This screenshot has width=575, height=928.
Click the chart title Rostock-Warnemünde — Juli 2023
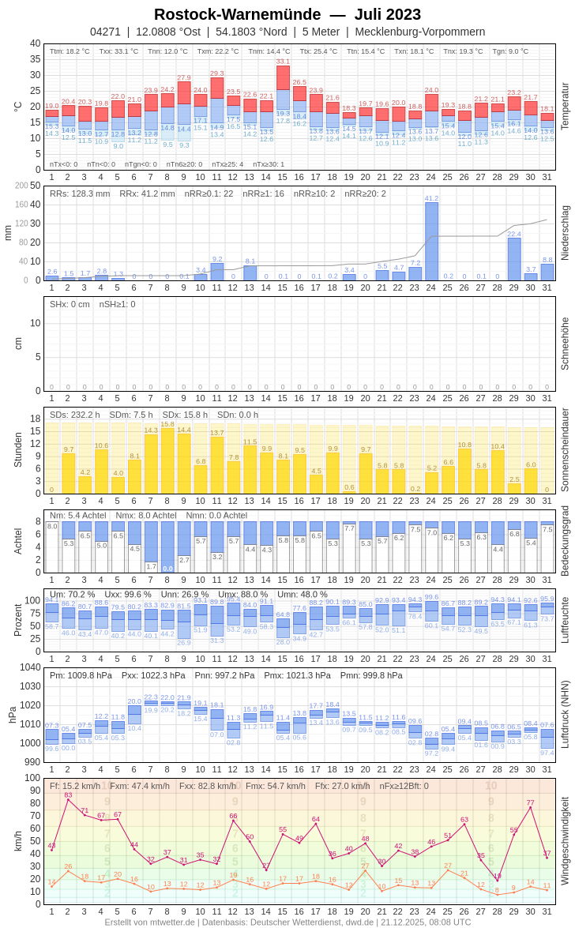[x=287, y=14]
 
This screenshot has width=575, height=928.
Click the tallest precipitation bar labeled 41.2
[x=431, y=241]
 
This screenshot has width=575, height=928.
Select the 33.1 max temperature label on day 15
[x=283, y=61]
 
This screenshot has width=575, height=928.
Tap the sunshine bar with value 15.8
[x=167, y=460]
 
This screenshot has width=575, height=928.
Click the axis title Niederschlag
[x=565, y=233]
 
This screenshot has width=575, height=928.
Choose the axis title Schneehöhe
[x=565, y=344]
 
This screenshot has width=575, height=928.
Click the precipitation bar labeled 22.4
[x=514, y=259]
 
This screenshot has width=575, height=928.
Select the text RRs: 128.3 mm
[x=80, y=193]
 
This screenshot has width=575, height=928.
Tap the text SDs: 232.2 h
[x=75, y=415]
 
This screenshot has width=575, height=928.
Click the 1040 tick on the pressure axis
[x=30, y=667]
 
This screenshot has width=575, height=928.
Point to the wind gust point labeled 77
[x=531, y=807]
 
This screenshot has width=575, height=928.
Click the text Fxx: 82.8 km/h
[x=207, y=786]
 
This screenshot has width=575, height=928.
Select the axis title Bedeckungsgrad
[x=565, y=541]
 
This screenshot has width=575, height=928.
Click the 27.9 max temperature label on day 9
[x=184, y=77]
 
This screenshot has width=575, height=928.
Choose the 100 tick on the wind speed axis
[x=32, y=778]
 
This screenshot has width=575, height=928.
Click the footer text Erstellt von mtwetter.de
[x=149, y=922]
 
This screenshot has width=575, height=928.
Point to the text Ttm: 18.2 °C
[x=70, y=51]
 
